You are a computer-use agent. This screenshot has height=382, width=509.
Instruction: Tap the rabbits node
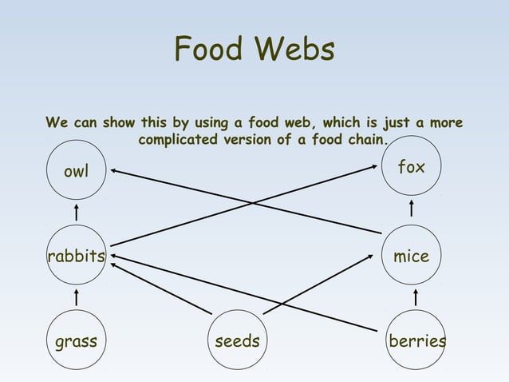click(x=76, y=257)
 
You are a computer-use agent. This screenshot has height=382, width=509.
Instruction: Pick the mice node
click(x=412, y=257)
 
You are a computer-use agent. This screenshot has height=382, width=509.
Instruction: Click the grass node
click(x=76, y=341)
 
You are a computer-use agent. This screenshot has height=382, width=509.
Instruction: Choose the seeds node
click(x=238, y=341)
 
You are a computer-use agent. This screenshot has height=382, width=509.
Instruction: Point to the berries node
click(x=416, y=341)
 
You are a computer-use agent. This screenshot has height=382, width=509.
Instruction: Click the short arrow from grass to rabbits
click(x=76, y=298)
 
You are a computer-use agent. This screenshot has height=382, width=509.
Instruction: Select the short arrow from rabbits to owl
click(x=76, y=213)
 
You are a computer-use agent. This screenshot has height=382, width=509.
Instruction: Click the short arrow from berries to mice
click(x=416, y=298)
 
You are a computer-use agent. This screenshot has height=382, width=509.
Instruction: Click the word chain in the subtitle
click(x=364, y=141)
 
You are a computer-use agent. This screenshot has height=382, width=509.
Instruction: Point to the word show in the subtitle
click(x=119, y=124)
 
